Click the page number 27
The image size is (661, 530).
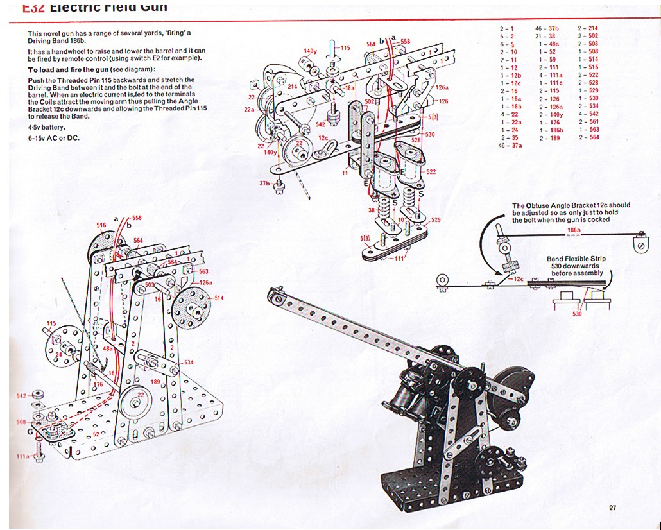pyautogui.click(x=612, y=508)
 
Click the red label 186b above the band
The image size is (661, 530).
pyautogui.click(x=573, y=230)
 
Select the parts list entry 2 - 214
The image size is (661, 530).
pyautogui.click(x=588, y=29)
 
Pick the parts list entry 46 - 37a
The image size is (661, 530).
pyautogui.click(x=510, y=146)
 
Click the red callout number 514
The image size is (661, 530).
pyautogui.click(x=219, y=298)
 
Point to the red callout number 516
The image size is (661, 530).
pyautogui.click(x=101, y=225)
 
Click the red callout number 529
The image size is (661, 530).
pyautogui.click(x=436, y=220)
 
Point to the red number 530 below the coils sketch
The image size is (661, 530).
pyautogui.click(x=577, y=314)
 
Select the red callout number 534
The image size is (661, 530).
pyautogui.click(x=187, y=363)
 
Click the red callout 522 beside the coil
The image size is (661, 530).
pyautogui.click(x=431, y=171)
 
